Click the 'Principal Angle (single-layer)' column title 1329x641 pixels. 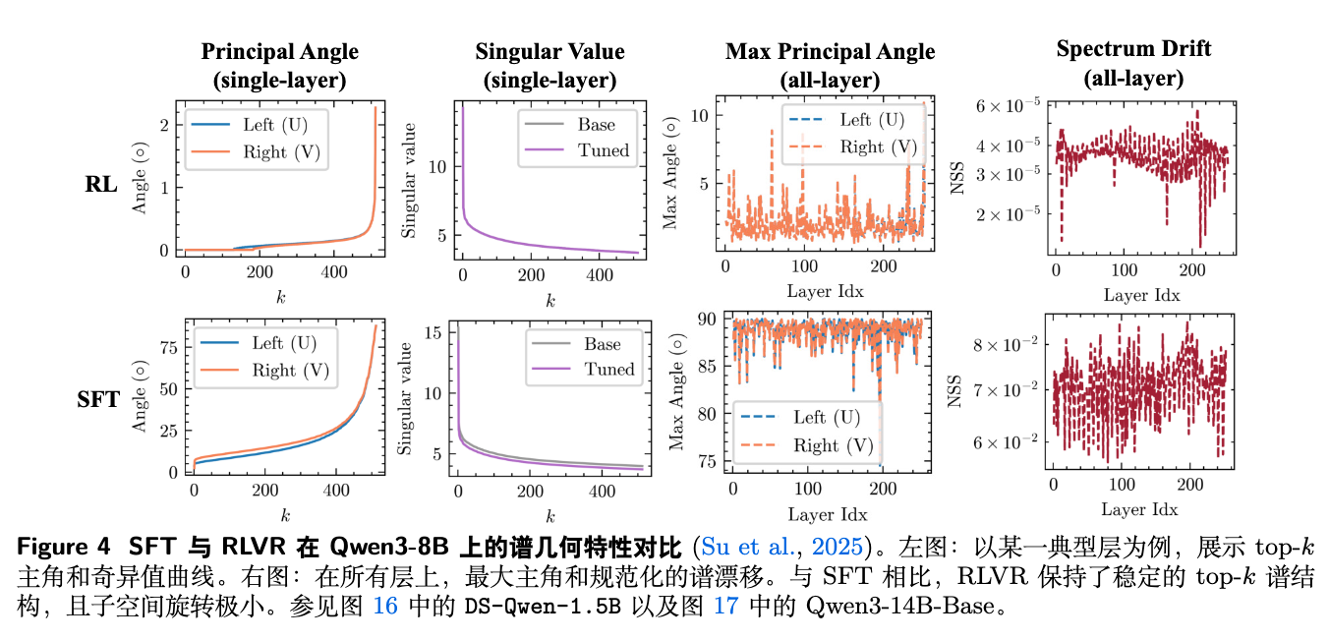pos(279,66)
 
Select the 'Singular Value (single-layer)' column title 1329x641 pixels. pos(549,66)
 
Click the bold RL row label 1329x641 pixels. pos(101,183)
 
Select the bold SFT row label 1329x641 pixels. pos(98,399)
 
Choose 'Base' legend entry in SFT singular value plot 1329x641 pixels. pos(602,344)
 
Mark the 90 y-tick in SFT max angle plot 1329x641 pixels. pos(704,318)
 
